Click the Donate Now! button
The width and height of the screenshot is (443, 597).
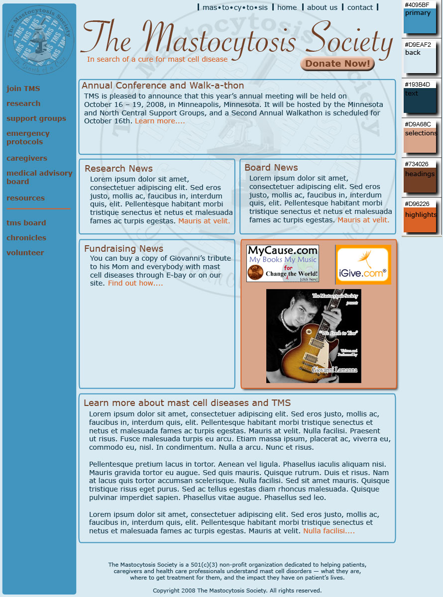pos(337,64)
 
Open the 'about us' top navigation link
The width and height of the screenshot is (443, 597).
pos(322,7)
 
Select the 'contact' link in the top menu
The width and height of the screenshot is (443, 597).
pos(360,7)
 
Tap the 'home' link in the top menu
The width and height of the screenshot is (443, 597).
pos(287,7)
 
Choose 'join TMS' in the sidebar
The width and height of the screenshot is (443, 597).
pos(23,89)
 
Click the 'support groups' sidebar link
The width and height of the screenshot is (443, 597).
pos(36,118)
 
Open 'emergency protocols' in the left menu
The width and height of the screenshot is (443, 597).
pos(28,137)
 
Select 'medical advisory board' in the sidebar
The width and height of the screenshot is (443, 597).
pos(39,177)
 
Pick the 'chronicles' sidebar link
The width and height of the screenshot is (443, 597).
pos(26,238)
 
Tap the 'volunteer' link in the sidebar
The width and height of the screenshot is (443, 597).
pos(25,253)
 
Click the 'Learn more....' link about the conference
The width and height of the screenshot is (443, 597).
pos(160,121)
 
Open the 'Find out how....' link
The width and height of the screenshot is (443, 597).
pos(135,283)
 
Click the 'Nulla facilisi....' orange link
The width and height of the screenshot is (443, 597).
pos(329,531)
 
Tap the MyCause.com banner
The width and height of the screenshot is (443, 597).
pos(282,263)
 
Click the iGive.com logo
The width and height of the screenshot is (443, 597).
pos(362,265)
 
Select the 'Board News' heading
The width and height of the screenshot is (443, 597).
pos(271,168)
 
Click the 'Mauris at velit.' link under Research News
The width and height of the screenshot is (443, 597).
pos(204,221)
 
